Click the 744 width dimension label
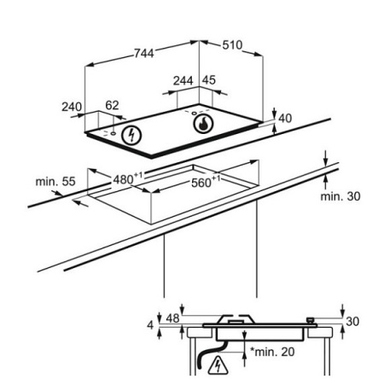coord(144,53)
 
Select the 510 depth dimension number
coord(232,45)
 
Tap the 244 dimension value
coord(183,81)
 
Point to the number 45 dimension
coord(209,80)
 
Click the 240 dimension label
coord(72,107)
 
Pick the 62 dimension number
coord(112,105)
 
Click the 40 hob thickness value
coord(285,119)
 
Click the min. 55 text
coord(55,182)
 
